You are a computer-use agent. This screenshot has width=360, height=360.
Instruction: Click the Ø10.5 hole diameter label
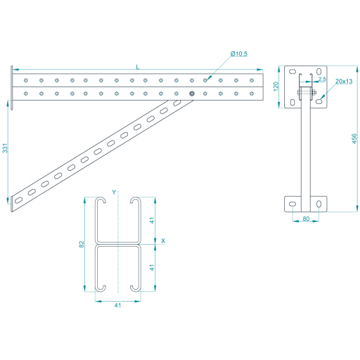[x=238, y=54]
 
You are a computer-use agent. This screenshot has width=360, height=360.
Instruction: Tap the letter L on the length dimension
[x=138, y=67]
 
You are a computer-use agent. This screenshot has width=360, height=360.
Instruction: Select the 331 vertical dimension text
[x=5, y=148]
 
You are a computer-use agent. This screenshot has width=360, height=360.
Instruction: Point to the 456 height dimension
[x=354, y=139]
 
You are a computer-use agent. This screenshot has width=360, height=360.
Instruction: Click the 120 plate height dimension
[x=276, y=86]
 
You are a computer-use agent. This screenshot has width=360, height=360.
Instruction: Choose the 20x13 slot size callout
[x=344, y=82]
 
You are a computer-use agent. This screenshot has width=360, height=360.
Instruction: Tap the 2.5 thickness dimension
[x=322, y=79]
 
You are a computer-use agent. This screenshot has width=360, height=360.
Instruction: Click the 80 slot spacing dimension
[x=306, y=219]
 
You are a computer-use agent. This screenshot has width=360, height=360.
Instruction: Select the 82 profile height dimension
[x=82, y=244]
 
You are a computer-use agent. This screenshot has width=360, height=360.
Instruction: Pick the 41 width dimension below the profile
[x=117, y=305]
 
